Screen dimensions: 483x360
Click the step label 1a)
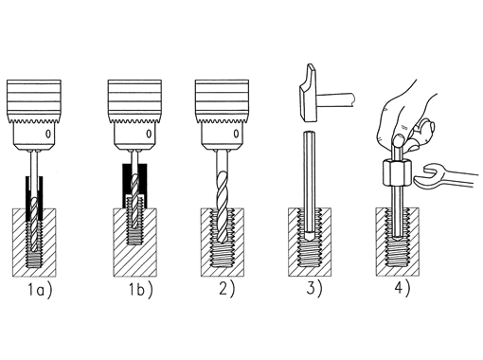point(40,290)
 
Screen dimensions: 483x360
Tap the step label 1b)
point(140,290)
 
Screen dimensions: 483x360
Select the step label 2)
point(227,289)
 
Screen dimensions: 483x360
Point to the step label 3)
point(314,289)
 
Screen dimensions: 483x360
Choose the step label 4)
point(402,289)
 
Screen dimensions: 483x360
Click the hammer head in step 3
point(308,93)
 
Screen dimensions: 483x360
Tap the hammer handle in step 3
point(335,99)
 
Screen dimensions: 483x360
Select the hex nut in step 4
point(394,172)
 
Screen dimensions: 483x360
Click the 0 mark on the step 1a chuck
point(47,135)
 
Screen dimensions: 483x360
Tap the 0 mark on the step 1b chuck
point(149,135)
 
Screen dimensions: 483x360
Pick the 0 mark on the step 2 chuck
point(236,135)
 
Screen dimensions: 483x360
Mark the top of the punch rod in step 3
point(310,132)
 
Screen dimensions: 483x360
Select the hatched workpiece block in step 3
point(310,242)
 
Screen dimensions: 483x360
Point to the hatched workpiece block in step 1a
point(34,243)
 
